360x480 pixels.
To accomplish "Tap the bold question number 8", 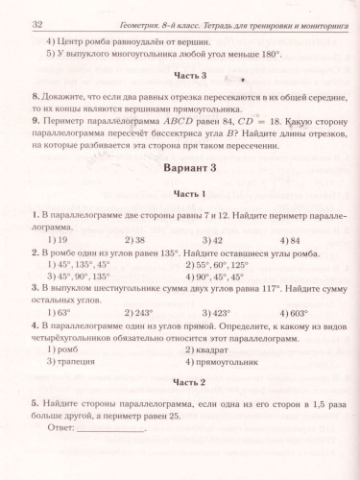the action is coord(36,98).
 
